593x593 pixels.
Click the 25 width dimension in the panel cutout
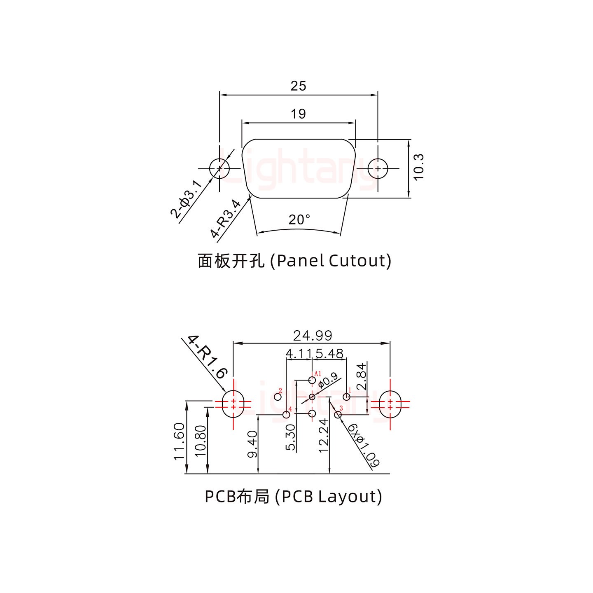coord(298,86)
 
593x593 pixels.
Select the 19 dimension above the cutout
coord(298,114)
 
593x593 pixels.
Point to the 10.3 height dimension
coord(418,167)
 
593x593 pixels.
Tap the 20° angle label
coord(299,220)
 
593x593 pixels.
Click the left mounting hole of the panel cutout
coord(219,168)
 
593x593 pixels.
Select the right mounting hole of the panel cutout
coord(378,168)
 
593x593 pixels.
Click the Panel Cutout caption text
coord(294,261)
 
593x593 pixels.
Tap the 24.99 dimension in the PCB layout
coord(313,336)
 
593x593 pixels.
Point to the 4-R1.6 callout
coord(207,357)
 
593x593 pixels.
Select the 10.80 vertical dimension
coord(200,441)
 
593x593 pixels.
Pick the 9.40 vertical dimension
coord(252,444)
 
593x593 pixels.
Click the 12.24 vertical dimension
coord(324,435)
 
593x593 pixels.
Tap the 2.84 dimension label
coord(361,376)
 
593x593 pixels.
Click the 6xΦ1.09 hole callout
coord(364,446)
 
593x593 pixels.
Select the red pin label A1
coord(318,374)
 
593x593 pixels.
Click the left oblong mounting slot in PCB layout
coord(233,404)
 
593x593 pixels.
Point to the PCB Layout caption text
coord(293,497)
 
